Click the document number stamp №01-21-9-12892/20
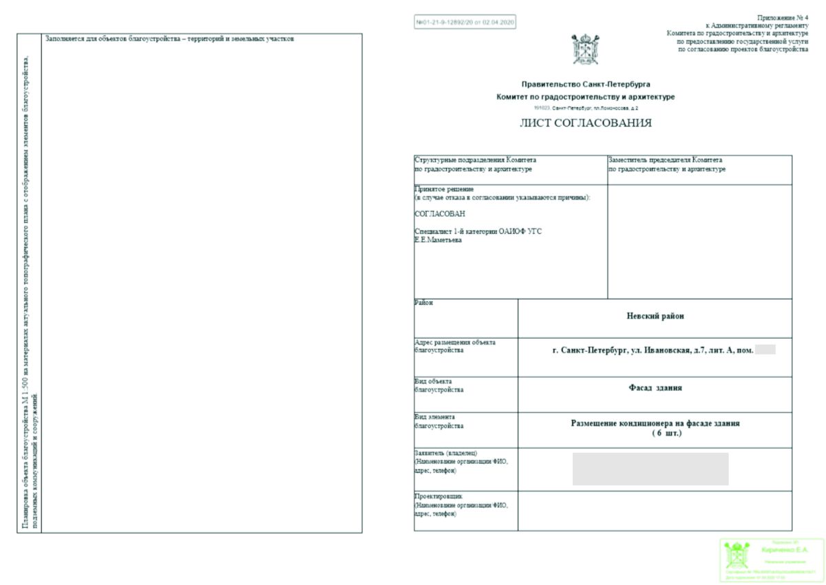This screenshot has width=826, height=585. (x=465, y=22)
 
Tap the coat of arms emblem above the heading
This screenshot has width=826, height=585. (x=585, y=50)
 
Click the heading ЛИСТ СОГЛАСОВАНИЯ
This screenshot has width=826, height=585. (x=585, y=124)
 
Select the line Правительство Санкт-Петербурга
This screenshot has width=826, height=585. (x=586, y=84)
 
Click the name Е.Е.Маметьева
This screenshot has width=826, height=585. (x=438, y=240)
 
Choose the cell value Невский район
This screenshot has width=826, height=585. (x=655, y=317)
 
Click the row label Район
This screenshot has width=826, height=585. (x=424, y=303)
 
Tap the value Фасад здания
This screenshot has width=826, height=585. (x=655, y=388)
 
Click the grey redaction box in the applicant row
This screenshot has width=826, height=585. (x=650, y=469)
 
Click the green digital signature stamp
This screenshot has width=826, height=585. (x=771, y=560)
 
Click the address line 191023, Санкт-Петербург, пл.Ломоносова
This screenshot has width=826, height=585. (x=586, y=109)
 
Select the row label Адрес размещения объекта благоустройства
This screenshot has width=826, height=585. (x=454, y=345)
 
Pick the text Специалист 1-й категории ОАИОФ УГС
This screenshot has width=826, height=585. (x=478, y=231)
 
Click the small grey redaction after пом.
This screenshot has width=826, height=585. (x=765, y=350)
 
